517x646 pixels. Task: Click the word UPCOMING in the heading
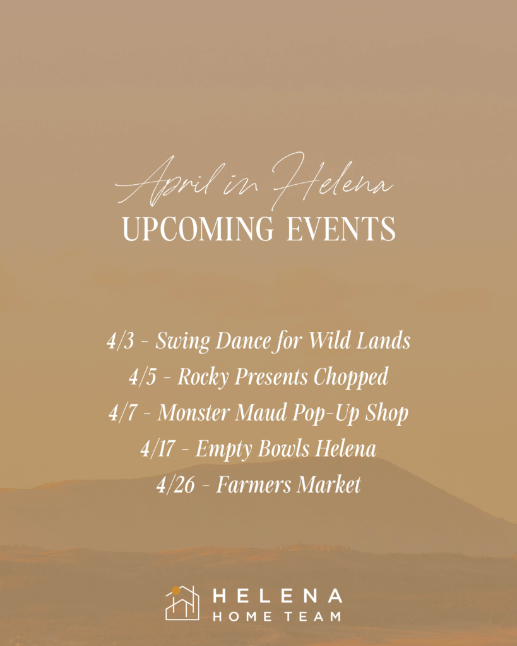198,228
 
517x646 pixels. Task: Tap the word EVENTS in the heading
341,228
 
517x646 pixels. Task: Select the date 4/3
121,341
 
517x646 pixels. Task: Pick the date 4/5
142,377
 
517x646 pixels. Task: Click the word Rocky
203,377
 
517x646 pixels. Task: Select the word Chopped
351,377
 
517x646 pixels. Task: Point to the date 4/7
122,413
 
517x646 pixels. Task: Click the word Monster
193,413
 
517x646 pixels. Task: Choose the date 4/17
157,449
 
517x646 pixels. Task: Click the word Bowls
283,449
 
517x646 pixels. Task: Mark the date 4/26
175,484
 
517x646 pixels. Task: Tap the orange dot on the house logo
175,590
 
